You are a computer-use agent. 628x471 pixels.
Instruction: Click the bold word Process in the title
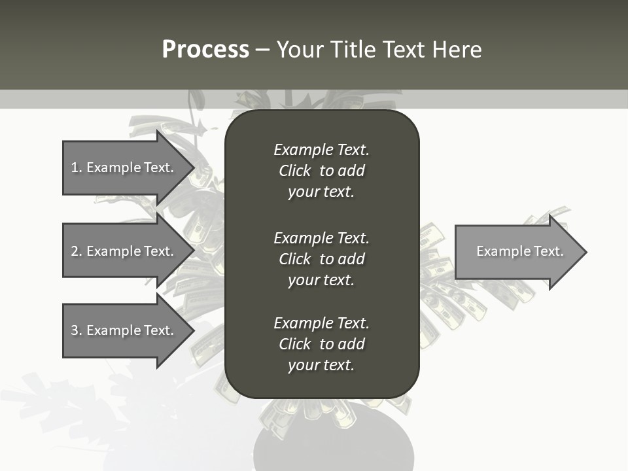pos(205,50)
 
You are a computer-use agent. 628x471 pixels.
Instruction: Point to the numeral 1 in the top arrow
pos(75,167)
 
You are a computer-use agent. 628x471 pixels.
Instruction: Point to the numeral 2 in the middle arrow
pos(75,251)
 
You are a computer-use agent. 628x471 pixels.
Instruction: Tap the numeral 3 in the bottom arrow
pos(75,330)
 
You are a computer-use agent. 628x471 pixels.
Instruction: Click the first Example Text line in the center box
pos(321,150)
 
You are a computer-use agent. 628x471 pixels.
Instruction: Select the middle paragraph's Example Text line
pos(321,238)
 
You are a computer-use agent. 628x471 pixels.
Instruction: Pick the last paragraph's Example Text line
pos(321,323)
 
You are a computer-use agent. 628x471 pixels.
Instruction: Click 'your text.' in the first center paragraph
pos(321,192)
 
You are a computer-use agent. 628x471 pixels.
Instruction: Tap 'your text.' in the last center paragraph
pos(321,366)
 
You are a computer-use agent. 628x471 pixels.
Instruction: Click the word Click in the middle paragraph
pos(295,259)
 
